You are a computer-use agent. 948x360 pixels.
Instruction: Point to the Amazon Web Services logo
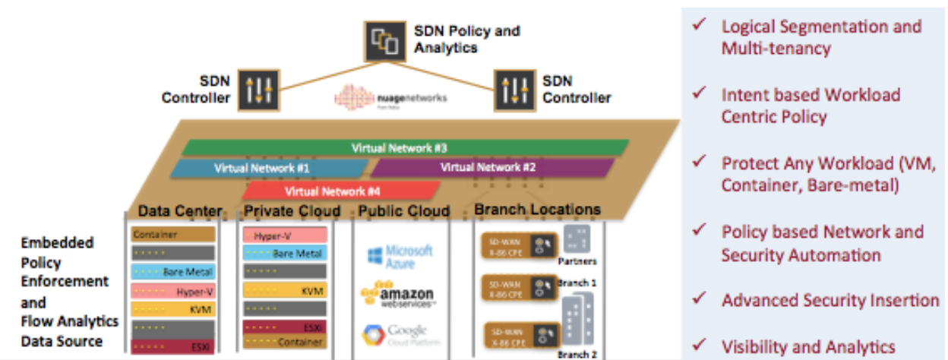397,295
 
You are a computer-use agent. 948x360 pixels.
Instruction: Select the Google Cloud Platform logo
395,333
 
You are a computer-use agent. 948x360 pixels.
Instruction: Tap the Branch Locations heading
537,210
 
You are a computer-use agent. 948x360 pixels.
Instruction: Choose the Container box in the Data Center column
172,235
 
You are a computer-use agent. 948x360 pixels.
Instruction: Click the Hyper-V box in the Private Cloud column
283,235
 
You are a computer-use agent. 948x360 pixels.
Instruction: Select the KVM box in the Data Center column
172,308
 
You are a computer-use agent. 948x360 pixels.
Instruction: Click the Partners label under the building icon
577,261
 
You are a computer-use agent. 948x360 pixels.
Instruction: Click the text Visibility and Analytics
808,347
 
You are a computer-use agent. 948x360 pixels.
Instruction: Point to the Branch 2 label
577,354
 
